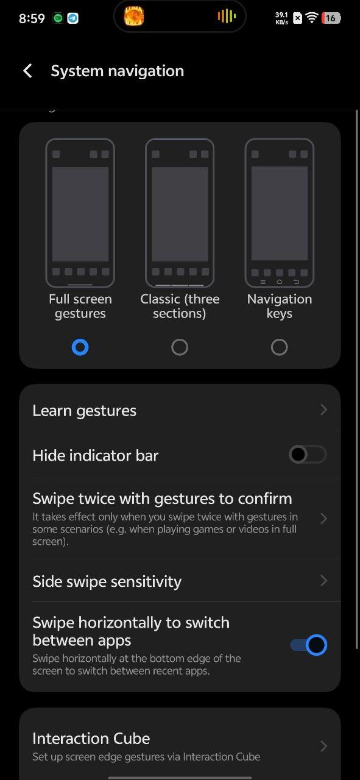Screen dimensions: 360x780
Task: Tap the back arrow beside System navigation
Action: tap(27, 71)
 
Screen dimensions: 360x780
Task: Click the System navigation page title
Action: tap(118, 71)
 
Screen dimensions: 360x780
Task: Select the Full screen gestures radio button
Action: tap(80, 347)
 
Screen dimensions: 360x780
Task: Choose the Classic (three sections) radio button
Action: tap(180, 347)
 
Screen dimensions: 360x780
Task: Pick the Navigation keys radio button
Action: tap(279, 347)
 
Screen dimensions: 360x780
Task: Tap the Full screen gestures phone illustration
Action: tap(80, 213)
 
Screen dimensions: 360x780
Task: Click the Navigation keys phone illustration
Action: tap(280, 213)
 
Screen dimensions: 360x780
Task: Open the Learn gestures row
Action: tap(180, 411)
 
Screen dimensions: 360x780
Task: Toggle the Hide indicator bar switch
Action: tap(308, 455)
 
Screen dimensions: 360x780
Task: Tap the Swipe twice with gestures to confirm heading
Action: tap(162, 498)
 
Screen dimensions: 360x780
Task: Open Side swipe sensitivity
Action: tap(180, 581)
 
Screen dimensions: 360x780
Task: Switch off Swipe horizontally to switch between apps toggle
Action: tap(308, 645)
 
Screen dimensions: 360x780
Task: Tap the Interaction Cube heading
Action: tap(91, 738)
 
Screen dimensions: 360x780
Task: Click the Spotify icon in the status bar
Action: tap(58, 18)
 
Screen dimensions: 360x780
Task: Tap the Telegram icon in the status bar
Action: tap(72, 18)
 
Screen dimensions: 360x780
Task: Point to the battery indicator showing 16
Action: tap(331, 18)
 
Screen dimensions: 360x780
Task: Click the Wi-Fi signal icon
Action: tap(312, 18)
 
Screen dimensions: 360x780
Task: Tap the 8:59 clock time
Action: tap(32, 18)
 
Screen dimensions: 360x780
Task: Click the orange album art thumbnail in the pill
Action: tap(134, 16)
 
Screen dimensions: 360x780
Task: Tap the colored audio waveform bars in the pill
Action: tap(227, 16)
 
